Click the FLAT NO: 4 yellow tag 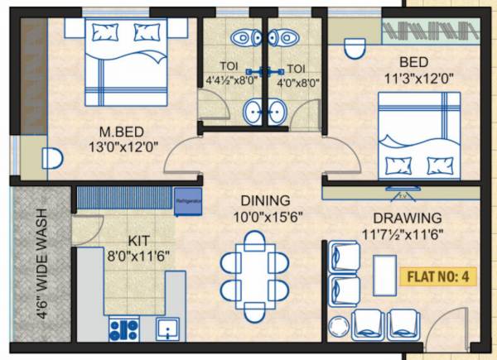point(439,276)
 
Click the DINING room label point(265,201)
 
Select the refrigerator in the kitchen point(186,198)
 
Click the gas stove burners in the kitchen point(123,329)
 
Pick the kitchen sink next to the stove point(168,329)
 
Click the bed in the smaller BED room point(417,135)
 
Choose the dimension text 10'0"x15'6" point(265,218)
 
